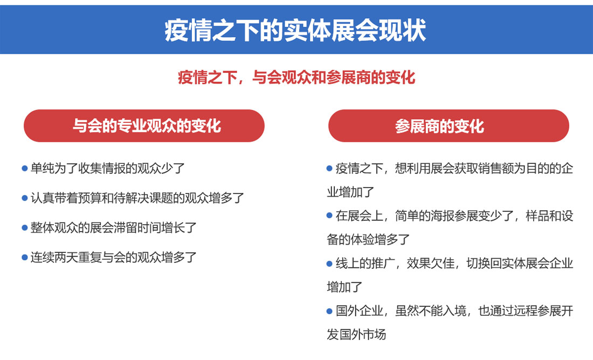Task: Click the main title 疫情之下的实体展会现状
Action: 295,30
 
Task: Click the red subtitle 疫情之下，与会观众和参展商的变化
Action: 296,78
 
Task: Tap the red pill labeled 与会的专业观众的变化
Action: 144,126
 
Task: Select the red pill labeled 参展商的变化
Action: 449,126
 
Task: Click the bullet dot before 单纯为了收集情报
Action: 25,168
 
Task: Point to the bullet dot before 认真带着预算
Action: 25,198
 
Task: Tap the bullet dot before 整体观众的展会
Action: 25,227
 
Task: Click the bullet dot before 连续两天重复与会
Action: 25,258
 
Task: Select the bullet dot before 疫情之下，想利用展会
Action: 329,168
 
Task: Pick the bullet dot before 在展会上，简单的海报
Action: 329,216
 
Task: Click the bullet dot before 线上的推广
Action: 329,264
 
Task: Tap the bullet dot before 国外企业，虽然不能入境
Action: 329,311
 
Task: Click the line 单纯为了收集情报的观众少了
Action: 108,168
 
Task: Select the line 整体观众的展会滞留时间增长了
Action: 114,227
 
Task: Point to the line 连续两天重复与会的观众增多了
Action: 114,258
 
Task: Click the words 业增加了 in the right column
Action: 350,192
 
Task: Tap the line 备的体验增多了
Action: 368,240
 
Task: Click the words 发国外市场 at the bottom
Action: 356,335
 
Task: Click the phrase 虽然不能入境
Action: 430,311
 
